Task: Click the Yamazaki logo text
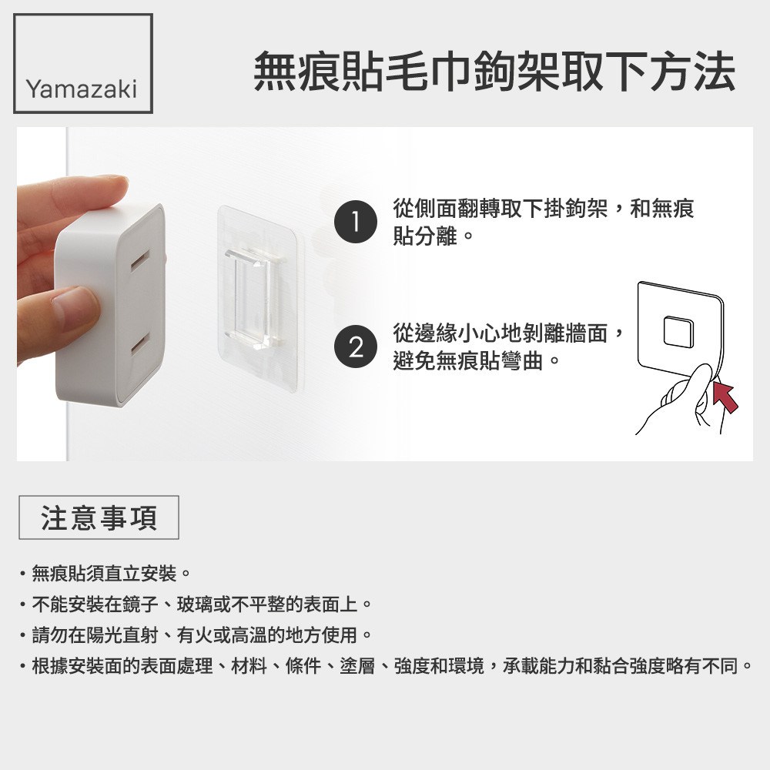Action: (x=82, y=89)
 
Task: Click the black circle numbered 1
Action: (x=356, y=222)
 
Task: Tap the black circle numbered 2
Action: (x=356, y=346)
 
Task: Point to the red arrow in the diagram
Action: (x=725, y=396)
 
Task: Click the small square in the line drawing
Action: (x=678, y=331)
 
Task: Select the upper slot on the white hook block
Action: (x=141, y=260)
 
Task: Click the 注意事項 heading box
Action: (x=99, y=517)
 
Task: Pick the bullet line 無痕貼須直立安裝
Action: (x=105, y=573)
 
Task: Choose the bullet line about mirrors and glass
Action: (x=196, y=604)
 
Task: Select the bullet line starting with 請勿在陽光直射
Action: (x=196, y=635)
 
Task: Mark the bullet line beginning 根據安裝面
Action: (x=387, y=666)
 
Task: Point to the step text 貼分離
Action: (x=425, y=236)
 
